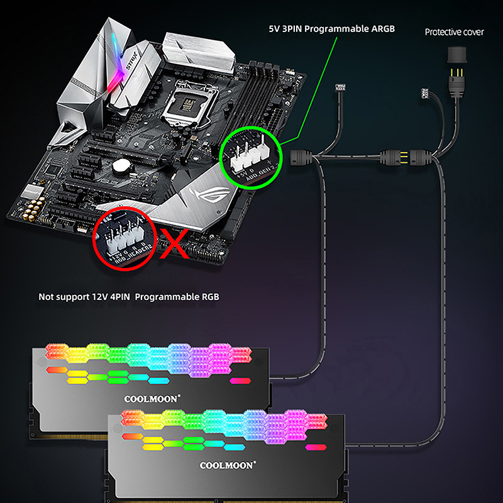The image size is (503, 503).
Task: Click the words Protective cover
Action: tap(454, 32)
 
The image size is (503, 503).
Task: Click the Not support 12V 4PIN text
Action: tap(129, 296)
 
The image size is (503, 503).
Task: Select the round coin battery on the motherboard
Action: tap(121, 166)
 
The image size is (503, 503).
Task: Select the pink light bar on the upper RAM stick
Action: tap(240, 380)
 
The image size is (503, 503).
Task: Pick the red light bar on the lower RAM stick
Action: tap(313, 448)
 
